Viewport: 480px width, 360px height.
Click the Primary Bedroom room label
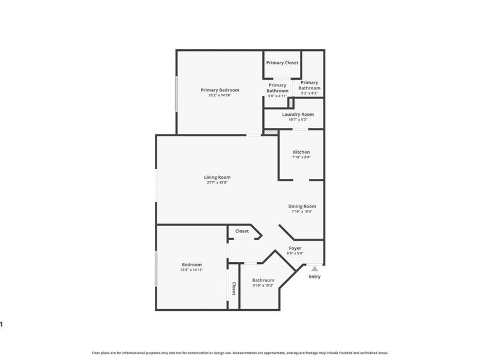point(220,90)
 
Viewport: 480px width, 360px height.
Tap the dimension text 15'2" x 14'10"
point(220,95)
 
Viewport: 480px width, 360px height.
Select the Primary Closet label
point(282,62)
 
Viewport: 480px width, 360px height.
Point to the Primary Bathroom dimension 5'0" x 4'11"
point(277,95)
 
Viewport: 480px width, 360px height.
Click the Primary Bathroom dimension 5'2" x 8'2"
point(309,93)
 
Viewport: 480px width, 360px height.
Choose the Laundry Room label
point(298,114)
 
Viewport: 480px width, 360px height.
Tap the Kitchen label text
point(301,152)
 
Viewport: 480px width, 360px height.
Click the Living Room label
point(217,177)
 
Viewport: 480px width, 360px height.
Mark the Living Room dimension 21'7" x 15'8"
point(217,182)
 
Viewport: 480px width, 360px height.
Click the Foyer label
point(295,248)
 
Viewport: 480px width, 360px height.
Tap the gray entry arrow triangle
point(314,269)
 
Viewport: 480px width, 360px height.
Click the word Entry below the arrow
point(314,277)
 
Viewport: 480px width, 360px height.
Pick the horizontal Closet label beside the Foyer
point(242,231)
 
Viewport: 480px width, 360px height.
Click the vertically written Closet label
point(233,289)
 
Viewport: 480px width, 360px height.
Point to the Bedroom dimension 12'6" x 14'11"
point(192,270)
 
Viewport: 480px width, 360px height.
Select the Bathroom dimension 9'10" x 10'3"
point(263,285)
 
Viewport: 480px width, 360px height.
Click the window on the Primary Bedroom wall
point(176,93)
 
